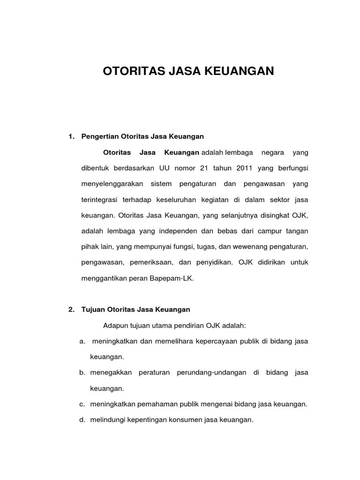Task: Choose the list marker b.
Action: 82,373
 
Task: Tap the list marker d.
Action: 82,420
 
